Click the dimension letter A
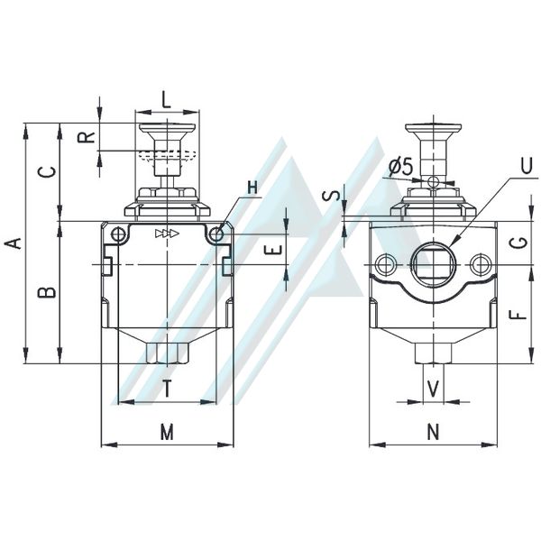[x=13, y=243]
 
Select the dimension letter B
[x=47, y=292]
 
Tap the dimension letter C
[x=47, y=172]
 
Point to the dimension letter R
[x=86, y=137]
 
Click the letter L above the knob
[x=167, y=100]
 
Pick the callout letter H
[x=252, y=188]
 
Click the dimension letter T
[x=167, y=389]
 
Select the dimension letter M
[x=167, y=432]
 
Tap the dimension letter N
[x=434, y=432]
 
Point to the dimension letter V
[x=434, y=389]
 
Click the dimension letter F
[x=518, y=314]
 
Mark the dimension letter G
[x=518, y=243]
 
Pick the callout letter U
[x=527, y=167]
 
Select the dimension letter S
[x=329, y=197]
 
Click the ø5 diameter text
[x=400, y=167]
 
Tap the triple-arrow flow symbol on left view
[x=167, y=234]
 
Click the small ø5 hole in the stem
[x=432, y=181]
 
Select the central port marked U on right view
[x=433, y=264]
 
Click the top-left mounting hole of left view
[x=117, y=234]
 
